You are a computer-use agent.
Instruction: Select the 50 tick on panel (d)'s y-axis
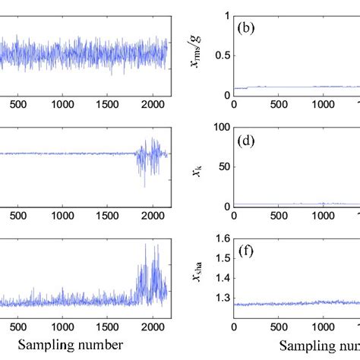coord(223,167)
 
